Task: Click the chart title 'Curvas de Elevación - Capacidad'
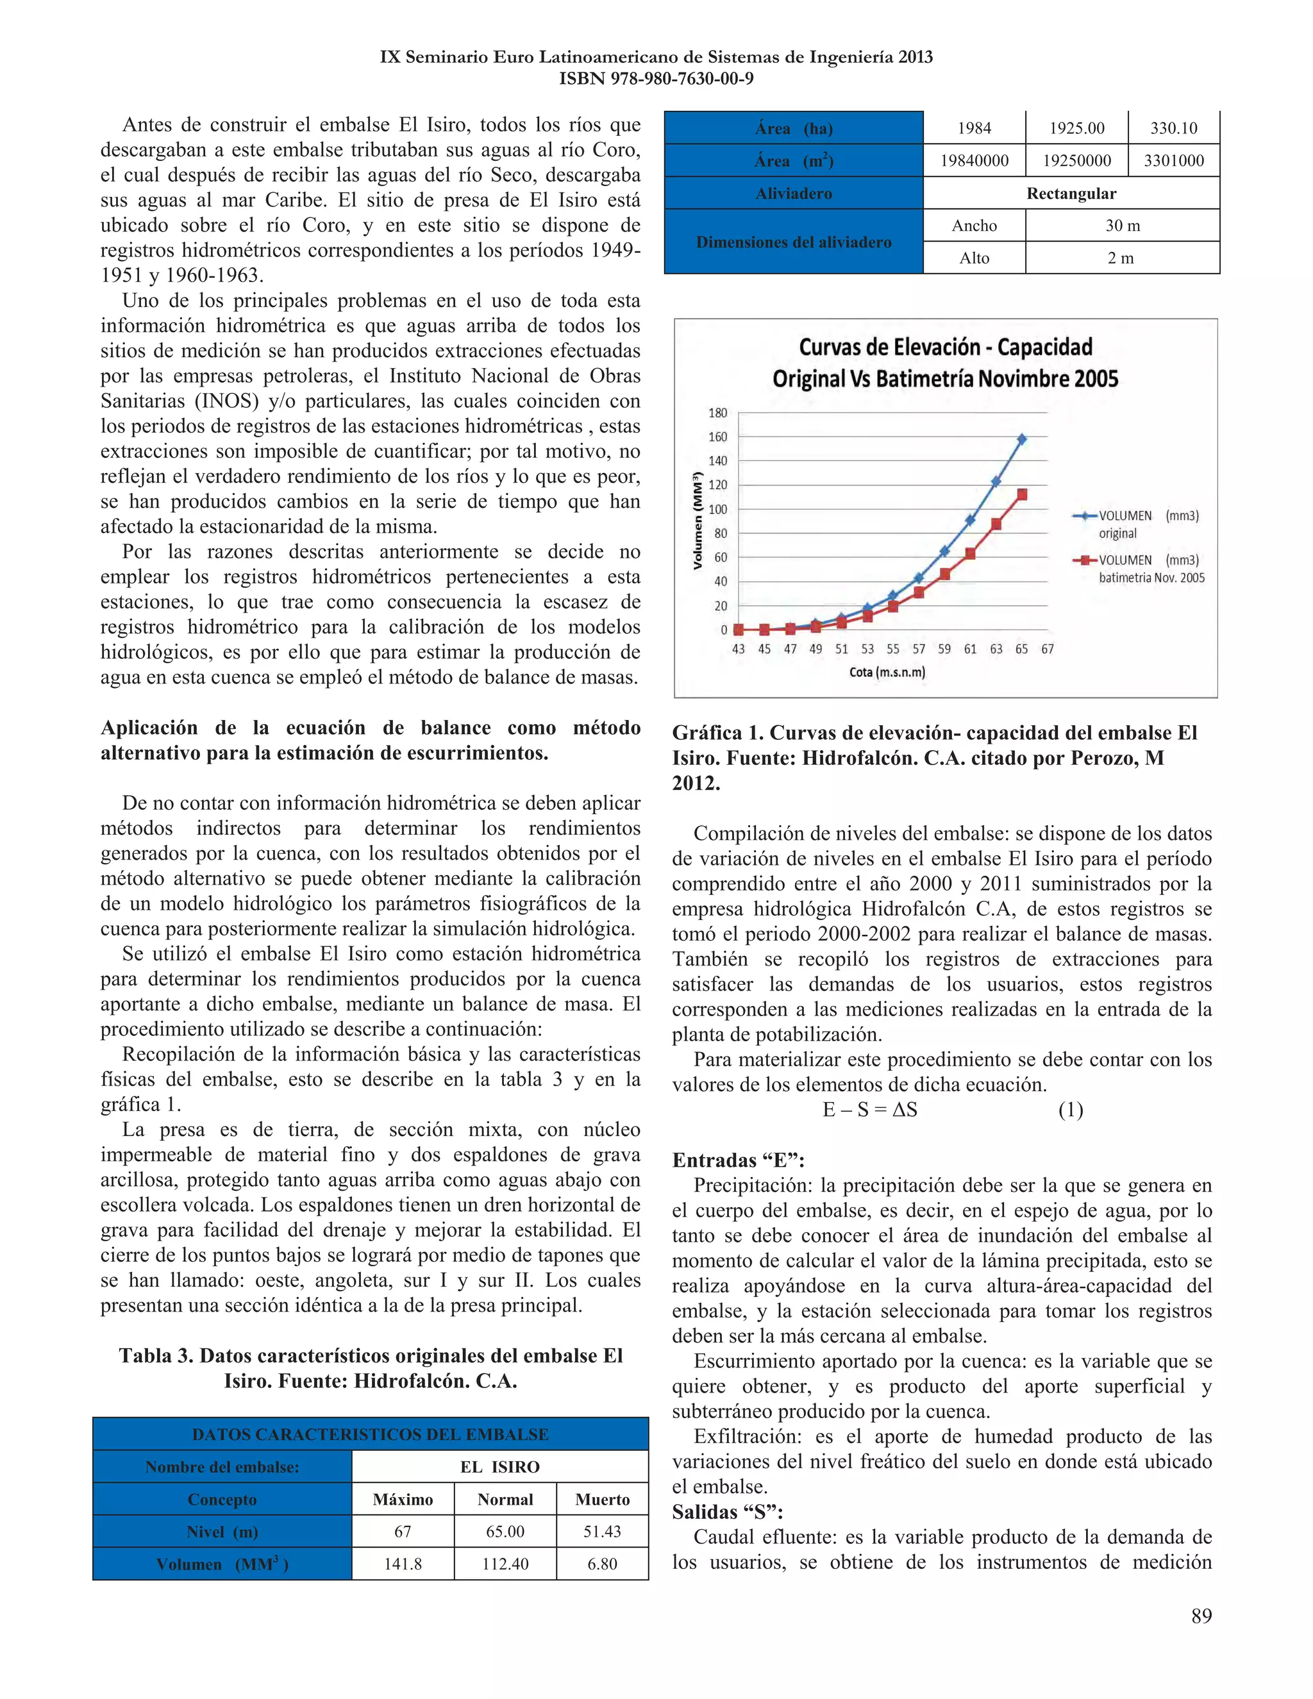click(945, 347)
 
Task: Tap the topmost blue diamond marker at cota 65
click(1021, 440)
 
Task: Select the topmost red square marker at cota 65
click(1021, 495)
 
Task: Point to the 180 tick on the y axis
click(717, 413)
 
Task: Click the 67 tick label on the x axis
click(1047, 649)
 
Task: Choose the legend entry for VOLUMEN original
click(1137, 524)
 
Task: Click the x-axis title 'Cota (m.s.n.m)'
click(887, 672)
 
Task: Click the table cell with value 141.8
click(402, 1564)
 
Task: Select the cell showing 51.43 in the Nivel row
click(602, 1531)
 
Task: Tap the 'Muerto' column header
click(602, 1499)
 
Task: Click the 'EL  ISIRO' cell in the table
click(499, 1466)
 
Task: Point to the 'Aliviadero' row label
click(794, 193)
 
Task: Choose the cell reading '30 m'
click(1122, 226)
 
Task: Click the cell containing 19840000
click(974, 161)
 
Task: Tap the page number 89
click(1201, 1616)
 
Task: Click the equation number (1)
click(1070, 1110)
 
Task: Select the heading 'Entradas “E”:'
click(738, 1160)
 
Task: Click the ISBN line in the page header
click(656, 79)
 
